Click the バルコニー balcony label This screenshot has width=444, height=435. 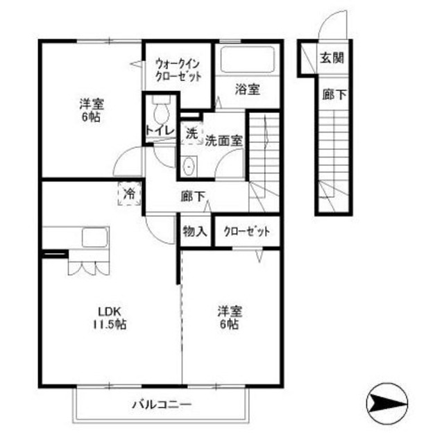click(x=162, y=404)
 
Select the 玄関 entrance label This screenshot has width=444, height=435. click(x=332, y=58)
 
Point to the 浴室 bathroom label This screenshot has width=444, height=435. click(x=247, y=89)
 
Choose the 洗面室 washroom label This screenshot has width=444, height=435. click(x=223, y=139)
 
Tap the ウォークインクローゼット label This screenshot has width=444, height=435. click(x=178, y=68)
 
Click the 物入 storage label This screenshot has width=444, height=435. click(x=196, y=231)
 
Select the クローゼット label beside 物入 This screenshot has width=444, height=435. click(x=246, y=231)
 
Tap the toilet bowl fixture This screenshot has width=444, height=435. click(x=161, y=109)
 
